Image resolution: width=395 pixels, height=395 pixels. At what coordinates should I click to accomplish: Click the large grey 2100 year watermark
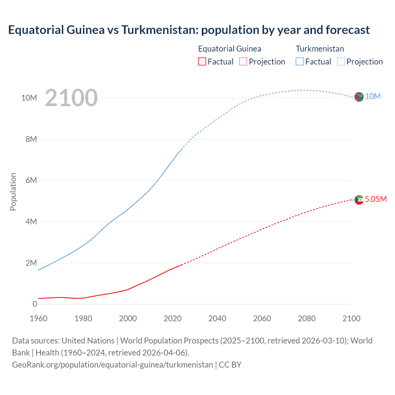point(71,98)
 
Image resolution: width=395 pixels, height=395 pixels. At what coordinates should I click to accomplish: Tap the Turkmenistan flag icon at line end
point(359,97)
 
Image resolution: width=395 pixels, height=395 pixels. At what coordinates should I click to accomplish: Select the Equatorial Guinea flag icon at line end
point(359,200)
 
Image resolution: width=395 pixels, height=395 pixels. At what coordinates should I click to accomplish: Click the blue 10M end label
point(373,97)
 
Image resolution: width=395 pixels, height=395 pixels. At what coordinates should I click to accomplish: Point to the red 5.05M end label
point(376,199)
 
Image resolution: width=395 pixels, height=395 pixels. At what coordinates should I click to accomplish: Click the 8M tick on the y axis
point(31,139)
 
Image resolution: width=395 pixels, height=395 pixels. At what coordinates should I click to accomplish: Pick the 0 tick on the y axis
point(35,304)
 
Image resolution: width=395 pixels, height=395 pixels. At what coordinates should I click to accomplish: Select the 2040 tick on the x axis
point(217,318)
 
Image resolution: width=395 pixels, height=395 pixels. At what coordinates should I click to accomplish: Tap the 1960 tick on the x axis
point(39,318)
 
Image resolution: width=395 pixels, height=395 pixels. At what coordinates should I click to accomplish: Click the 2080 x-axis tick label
point(307,318)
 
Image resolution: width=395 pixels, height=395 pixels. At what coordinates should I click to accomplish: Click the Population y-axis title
point(13,192)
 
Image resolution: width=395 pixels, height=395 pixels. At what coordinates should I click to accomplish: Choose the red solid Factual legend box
point(202,61)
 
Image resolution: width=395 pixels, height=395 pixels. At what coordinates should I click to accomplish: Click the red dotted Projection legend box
point(243,61)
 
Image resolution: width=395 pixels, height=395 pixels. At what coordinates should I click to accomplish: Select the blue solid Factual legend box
point(300,61)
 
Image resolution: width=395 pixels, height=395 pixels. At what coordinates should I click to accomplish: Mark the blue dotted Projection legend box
point(341,61)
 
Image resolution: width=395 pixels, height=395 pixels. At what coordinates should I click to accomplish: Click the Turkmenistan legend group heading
point(320,49)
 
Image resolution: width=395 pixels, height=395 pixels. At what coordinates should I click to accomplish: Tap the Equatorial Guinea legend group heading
point(230,49)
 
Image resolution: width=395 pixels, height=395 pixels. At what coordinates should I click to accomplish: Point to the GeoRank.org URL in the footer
point(112,365)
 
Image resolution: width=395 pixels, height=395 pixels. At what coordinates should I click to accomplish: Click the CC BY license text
point(230,365)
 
